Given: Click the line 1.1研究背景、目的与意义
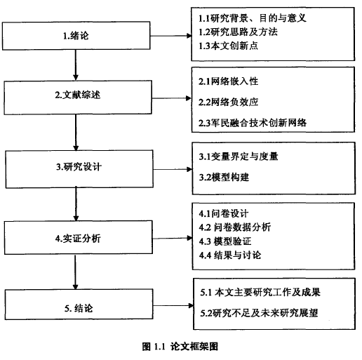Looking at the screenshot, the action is click(253, 18).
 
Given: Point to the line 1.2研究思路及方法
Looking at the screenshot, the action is click(238, 32).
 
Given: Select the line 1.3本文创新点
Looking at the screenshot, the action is click(228, 46).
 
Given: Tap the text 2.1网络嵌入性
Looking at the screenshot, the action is click(229, 81).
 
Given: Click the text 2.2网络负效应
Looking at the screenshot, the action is click(229, 102).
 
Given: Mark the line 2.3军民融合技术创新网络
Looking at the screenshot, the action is click(253, 123).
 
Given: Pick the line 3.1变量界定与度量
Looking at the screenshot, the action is click(239, 156).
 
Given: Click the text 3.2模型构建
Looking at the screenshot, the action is click(224, 178).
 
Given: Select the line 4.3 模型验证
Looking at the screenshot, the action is click(225, 241).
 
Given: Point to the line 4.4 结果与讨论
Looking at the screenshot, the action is click(230, 255).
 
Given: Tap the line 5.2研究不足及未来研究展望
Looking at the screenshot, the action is click(259, 313).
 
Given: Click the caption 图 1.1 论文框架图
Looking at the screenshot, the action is click(180, 347).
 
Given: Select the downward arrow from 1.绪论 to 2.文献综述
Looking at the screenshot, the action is click(76, 65).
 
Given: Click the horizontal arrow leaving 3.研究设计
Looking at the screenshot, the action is click(173, 169).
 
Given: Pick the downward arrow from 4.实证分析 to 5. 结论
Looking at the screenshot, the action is click(75, 272).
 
